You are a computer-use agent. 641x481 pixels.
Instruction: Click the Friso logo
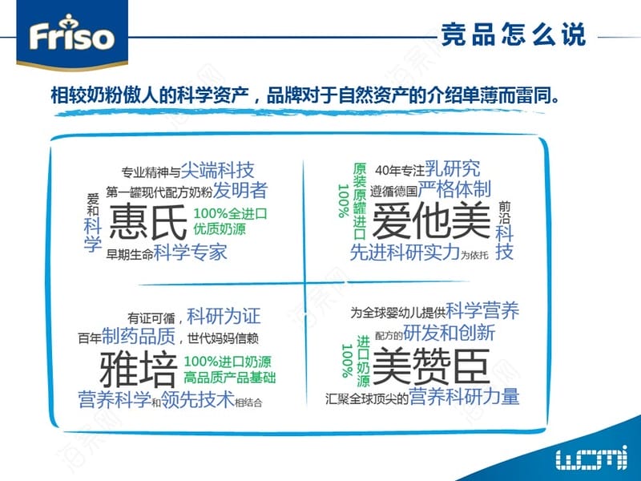pos(72,34)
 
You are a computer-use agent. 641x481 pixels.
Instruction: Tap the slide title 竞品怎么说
pos(514,34)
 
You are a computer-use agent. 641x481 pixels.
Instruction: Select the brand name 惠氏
pos(148,222)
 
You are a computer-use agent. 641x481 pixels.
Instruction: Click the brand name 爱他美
pos(431,221)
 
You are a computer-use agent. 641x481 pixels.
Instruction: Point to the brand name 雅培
pos(139,370)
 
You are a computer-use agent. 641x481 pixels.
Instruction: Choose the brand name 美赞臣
pos(431,366)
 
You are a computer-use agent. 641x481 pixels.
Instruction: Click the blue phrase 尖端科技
pos(217,170)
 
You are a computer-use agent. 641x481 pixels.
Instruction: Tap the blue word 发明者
pos(240,190)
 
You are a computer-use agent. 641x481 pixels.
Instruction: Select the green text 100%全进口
pos(230,213)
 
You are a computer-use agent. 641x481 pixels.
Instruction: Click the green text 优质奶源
pos(220,228)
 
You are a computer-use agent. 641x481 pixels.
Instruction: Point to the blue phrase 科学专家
pos(191,252)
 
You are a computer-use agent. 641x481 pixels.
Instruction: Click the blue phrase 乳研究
pos(453,168)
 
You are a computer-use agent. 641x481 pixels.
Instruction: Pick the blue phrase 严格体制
pos(454,189)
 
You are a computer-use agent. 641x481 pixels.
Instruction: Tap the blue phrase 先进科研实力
pos(405,252)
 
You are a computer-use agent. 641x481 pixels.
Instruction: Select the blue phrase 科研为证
pos(224,316)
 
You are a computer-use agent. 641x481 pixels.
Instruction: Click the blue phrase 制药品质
pos(139,336)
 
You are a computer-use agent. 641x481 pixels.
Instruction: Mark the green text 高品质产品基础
pos(230,377)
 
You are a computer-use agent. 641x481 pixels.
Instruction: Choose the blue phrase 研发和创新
pos(449,333)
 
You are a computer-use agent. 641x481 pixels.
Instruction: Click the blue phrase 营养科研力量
pos(464,396)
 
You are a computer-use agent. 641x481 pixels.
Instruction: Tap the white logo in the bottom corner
pos(591,457)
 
